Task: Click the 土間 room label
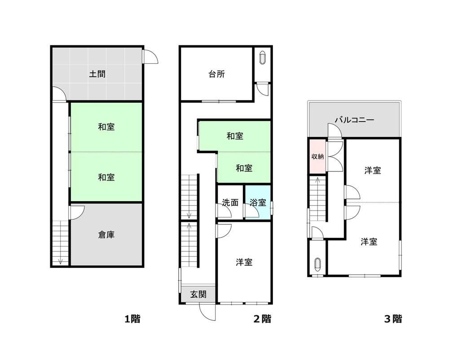coord(97,74)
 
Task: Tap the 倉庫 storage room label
coord(106,235)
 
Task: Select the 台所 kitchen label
coord(216,74)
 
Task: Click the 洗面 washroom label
coord(230,202)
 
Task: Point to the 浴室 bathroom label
coord(258,202)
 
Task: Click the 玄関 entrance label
coord(198,294)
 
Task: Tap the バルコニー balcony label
coord(355,119)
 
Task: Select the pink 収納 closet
coord(317,156)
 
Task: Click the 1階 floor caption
coord(132,319)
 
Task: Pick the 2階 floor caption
coord(262,319)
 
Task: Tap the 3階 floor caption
coord(393,319)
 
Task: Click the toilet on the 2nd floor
coord(263,58)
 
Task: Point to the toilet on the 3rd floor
coord(317,264)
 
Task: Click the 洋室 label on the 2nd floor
coord(244,262)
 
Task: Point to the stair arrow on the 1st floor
coord(61,243)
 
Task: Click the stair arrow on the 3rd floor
coord(317,199)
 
